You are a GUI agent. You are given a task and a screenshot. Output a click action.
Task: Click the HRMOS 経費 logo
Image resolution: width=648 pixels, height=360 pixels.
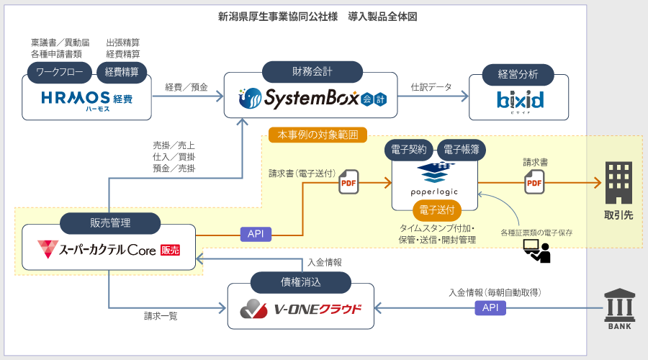(86, 99)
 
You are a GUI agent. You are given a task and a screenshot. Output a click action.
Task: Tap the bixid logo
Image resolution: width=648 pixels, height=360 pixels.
(520, 99)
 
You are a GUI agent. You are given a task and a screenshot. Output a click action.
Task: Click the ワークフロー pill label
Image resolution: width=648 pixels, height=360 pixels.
(60, 72)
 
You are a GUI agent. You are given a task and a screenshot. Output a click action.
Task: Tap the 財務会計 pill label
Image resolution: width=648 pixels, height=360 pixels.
(312, 71)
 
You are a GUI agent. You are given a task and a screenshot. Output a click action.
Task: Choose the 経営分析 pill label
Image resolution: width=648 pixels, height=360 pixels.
(517, 73)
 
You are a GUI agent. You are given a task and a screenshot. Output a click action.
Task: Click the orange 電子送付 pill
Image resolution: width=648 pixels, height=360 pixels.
(435, 210)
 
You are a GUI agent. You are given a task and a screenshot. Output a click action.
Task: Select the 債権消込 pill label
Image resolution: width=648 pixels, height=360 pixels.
(300, 283)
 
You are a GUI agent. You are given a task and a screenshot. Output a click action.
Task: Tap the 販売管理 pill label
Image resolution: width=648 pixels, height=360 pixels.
(109, 223)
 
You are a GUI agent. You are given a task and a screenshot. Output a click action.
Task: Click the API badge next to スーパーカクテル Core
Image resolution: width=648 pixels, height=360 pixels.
(255, 234)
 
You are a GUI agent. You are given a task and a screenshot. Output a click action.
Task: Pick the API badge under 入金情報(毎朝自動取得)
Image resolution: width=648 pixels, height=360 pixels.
(490, 308)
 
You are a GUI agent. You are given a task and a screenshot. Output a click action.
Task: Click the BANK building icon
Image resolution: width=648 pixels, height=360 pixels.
(619, 310)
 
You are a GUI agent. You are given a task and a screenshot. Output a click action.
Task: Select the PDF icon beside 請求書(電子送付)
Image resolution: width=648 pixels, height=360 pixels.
(348, 182)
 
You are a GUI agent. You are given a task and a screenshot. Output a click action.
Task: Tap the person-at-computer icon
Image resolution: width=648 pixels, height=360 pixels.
(536, 250)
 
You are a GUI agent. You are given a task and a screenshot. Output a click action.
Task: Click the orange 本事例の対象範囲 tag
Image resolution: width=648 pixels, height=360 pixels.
(317, 134)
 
